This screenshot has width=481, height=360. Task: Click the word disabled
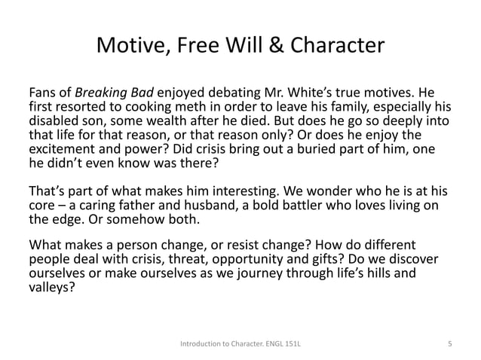click(x=53, y=121)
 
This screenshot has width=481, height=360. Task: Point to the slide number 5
click(x=449, y=344)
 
